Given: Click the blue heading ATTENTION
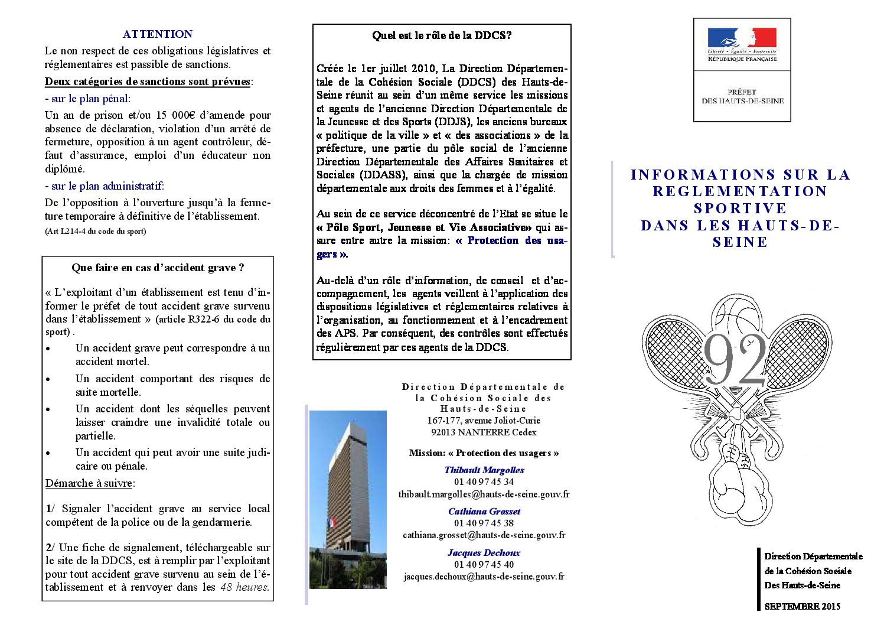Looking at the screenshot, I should pyautogui.click(x=157, y=34).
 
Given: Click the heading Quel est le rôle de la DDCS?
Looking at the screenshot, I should pyautogui.click(x=442, y=35).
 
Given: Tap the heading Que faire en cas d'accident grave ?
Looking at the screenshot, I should pyautogui.click(x=158, y=268).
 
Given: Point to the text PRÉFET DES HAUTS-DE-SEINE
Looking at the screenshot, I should pyautogui.click(x=742, y=96).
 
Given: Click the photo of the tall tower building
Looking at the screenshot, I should pyautogui.click(x=348, y=499).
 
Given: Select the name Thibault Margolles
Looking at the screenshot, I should pyautogui.click(x=484, y=470).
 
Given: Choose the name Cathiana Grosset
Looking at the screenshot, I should pyautogui.click(x=484, y=512).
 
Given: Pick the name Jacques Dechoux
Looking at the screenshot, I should pyautogui.click(x=484, y=553).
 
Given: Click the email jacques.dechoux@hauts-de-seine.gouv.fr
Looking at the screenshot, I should pyautogui.click(x=484, y=577).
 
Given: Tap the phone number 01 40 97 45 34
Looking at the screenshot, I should pyautogui.click(x=484, y=482).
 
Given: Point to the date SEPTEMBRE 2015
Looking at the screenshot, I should pyautogui.click(x=802, y=607).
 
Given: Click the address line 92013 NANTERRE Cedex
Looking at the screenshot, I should pyautogui.click(x=484, y=432).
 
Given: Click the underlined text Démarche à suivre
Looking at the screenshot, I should pyautogui.click(x=89, y=483).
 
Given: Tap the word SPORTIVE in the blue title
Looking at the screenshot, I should pyautogui.click(x=740, y=209).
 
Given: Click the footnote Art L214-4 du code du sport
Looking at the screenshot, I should pyautogui.click(x=95, y=232).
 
